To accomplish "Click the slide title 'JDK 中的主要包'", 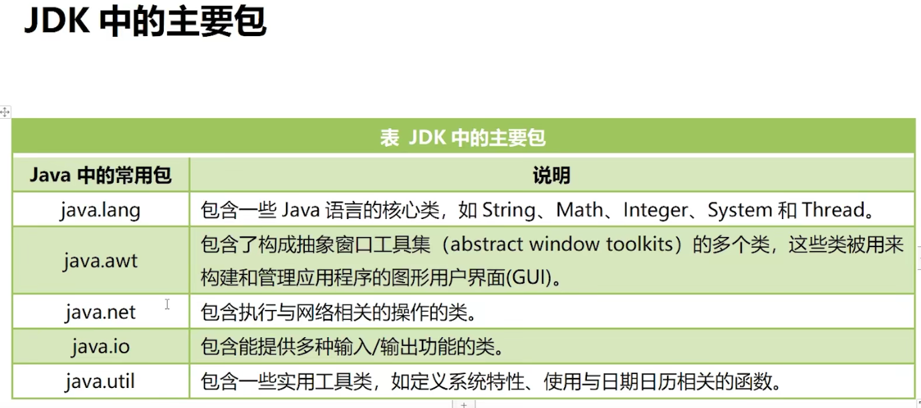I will (145, 22).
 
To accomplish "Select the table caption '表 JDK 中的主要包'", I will (463, 138).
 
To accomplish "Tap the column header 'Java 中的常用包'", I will (101, 175).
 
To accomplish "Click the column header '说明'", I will (551, 176).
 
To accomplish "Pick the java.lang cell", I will (100, 210).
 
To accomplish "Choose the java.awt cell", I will (101, 260).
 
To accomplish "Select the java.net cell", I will (100, 312).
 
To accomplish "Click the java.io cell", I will (101, 347).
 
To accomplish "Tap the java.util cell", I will (100, 382).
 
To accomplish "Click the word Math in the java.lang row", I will (579, 210).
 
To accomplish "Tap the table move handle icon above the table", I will (5, 112).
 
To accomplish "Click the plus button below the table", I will (464, 404).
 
